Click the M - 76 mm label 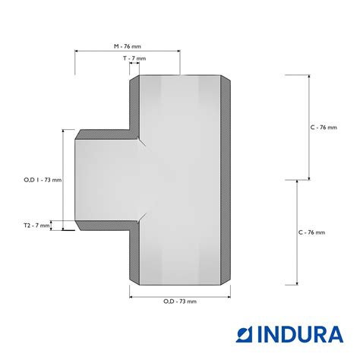127,46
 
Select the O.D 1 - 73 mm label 43,180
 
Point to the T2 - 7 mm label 36,226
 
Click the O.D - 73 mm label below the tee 179,302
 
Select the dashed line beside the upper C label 308,128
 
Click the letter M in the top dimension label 116,46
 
